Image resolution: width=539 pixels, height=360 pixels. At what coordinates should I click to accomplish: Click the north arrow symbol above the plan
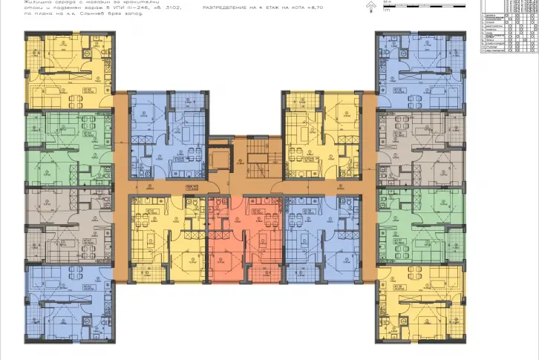(x=370, y=7)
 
